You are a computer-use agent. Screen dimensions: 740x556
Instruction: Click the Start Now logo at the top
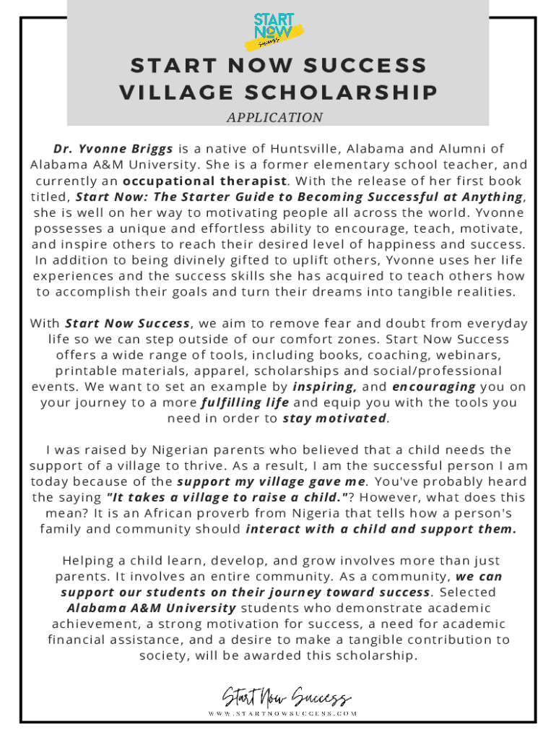click(278, 31)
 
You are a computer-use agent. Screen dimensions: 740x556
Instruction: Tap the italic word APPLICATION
click(274, 117)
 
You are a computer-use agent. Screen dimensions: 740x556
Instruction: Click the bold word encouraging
click(433, 387)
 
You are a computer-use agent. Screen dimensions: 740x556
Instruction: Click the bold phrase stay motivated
click(334, 418)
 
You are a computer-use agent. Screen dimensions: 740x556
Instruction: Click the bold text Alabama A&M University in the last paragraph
click(151, 608)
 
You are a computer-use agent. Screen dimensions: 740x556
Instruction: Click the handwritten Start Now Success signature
click(287, 698)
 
